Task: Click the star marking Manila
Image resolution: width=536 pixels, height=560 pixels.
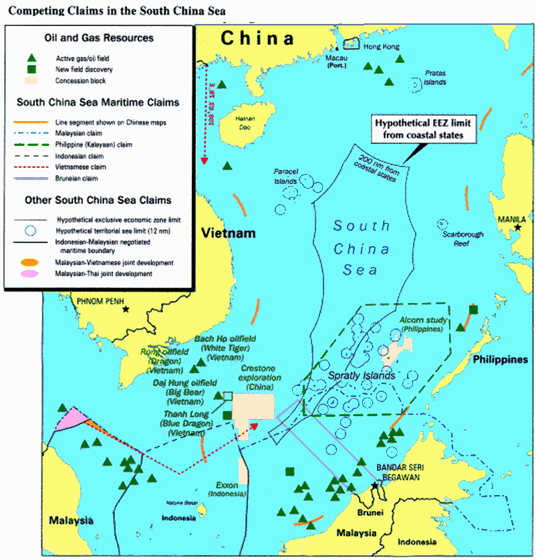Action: [517, 229]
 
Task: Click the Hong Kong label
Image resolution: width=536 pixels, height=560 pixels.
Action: [380, 47]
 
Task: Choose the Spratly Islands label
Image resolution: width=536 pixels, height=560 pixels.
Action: [362, 376]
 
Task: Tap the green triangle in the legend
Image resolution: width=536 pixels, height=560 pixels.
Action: [31, 58]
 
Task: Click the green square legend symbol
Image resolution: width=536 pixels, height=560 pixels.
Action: [31, 70]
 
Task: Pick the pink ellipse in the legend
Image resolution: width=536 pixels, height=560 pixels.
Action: [30, 274]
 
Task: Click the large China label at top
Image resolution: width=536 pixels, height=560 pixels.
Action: [258, 38]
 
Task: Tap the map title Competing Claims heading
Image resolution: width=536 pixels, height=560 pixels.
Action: [116, 11]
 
